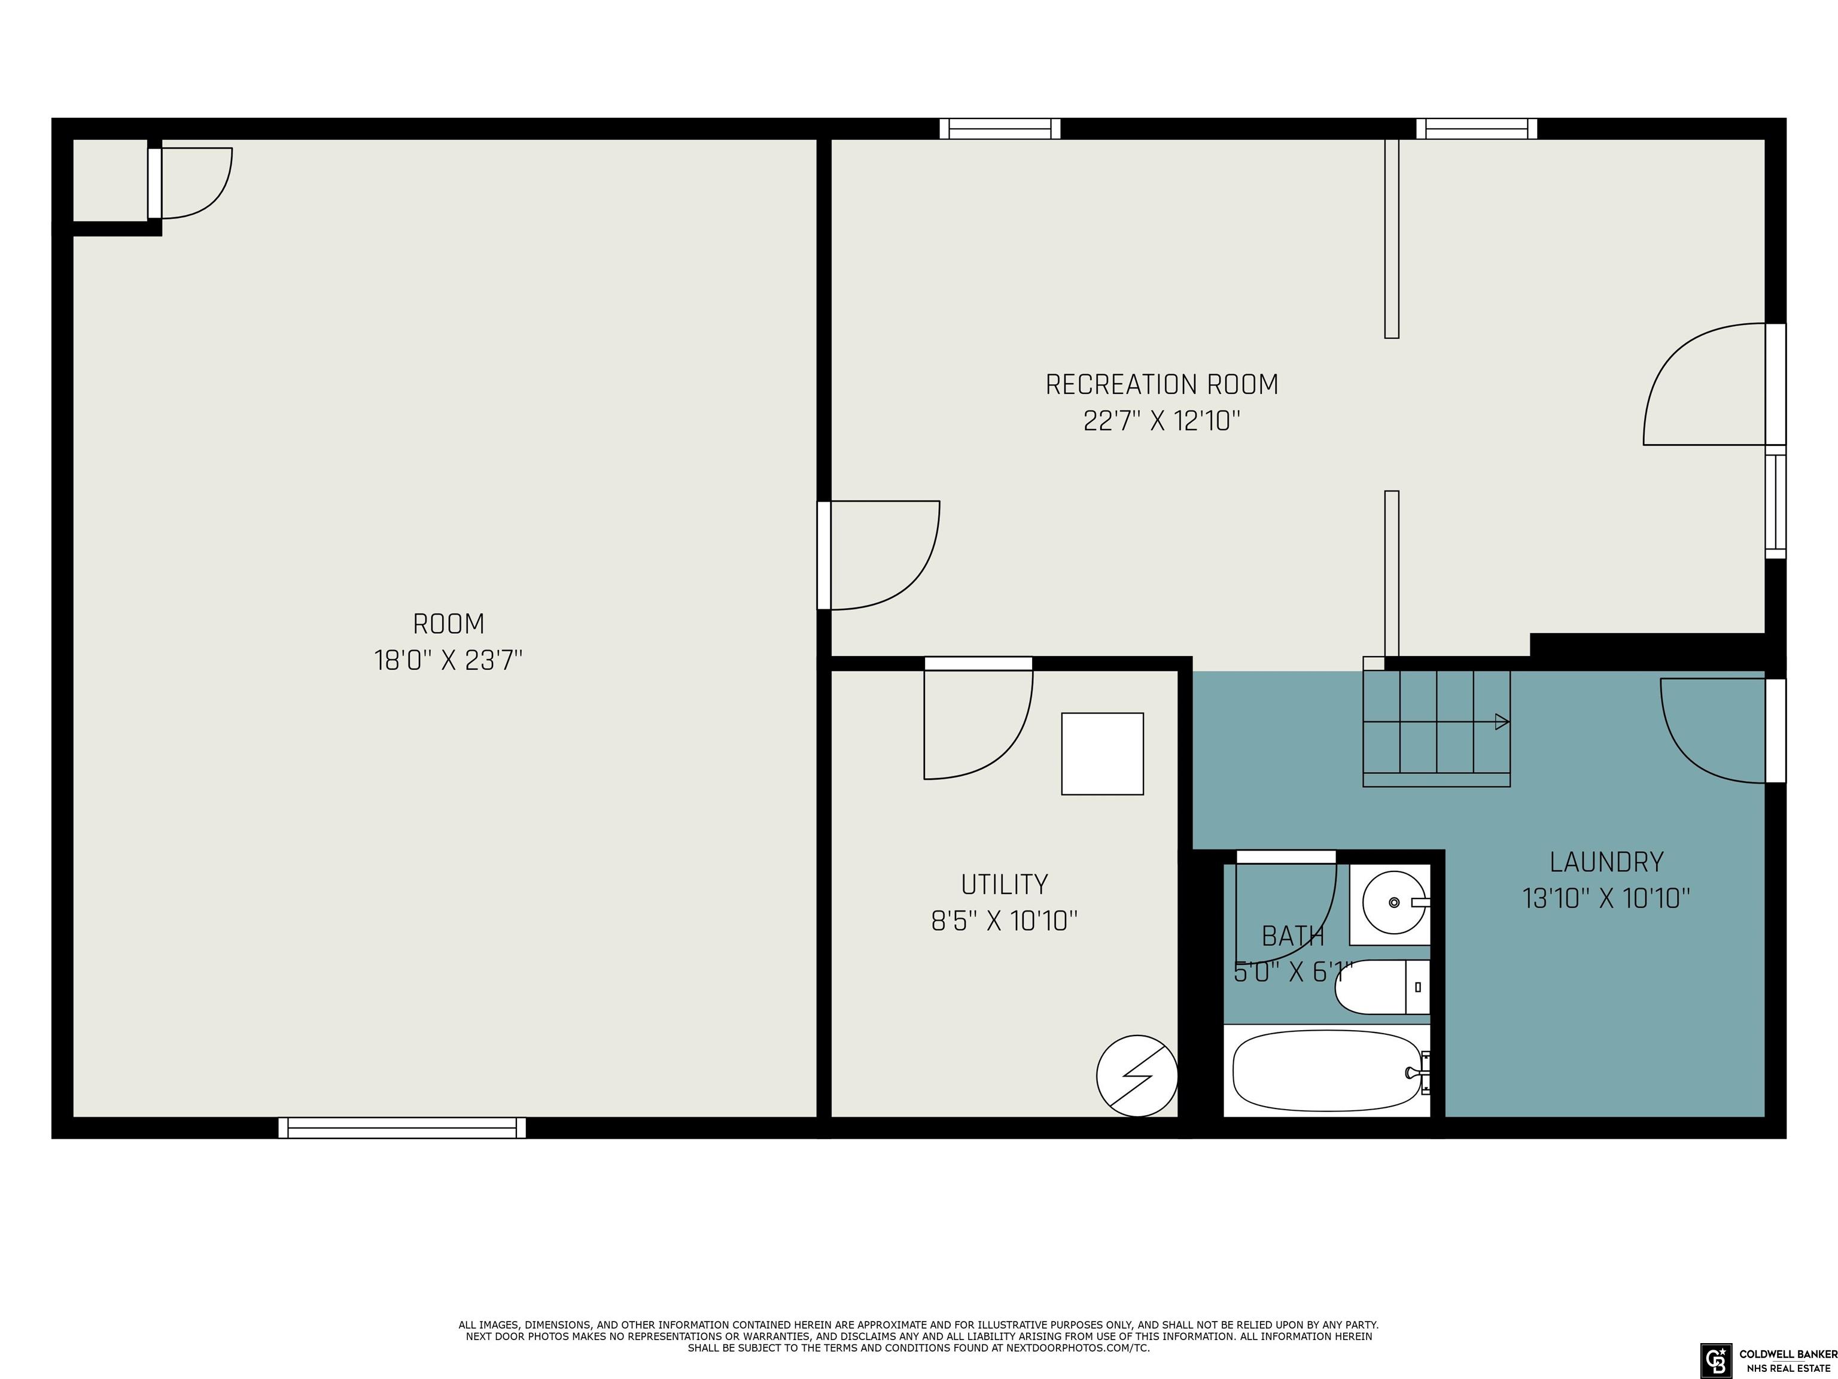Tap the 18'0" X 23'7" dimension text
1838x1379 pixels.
point(449,661)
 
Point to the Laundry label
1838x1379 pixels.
point(1606,862)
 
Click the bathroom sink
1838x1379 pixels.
point(1393,903)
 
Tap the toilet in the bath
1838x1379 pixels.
point(1382,986)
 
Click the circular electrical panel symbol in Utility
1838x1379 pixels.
point(1137,1076)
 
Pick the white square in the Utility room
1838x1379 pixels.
point(1103,754)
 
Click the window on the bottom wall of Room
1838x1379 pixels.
point(402,1127)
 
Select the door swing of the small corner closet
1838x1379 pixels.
point(197,183)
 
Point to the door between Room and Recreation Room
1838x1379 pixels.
point(879,555)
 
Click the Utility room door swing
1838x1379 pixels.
point(979,721)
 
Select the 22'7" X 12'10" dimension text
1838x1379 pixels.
point(1162,421)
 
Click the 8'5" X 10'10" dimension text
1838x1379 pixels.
point(1005,921)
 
